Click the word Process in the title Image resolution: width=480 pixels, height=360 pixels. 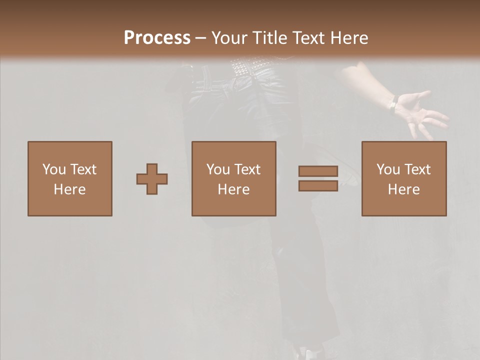coord(157,38)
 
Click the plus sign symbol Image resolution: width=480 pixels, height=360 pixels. coord(152,178)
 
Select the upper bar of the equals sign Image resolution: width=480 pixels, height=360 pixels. coord(318,171)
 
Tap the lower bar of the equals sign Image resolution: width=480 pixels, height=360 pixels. coord(318,186)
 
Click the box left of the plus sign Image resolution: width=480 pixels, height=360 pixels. coord(70,178)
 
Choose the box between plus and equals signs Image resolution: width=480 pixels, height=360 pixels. coord(234,178)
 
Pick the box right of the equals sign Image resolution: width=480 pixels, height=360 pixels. coord(404,178)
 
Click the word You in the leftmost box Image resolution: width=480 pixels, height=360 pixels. coord(54,169)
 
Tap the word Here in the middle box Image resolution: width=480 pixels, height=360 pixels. coord(234,189)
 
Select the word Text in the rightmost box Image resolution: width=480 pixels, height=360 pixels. coord(417,169)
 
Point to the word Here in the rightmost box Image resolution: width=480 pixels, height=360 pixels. coord(404,189)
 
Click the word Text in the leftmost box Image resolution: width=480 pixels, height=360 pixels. coord(83,169)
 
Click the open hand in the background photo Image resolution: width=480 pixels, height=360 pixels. coord(422,112)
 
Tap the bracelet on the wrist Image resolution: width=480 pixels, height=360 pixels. coord(393,103)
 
